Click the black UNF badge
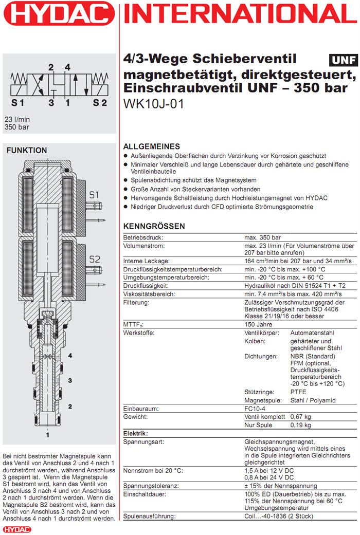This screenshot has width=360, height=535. pyautogui.click(x=341, y=60)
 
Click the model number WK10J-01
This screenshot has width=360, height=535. pyautogui.click(x=153, y=103)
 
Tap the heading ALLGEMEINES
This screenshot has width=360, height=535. pyautogui.click(x=152, y=146)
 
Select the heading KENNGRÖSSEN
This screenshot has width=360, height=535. pyautogui.click(x=154, y=226)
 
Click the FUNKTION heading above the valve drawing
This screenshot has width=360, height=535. pyautogui.click(x=26, y=151)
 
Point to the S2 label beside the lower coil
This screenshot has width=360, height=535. pyautogui.click(x=94, y=259)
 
